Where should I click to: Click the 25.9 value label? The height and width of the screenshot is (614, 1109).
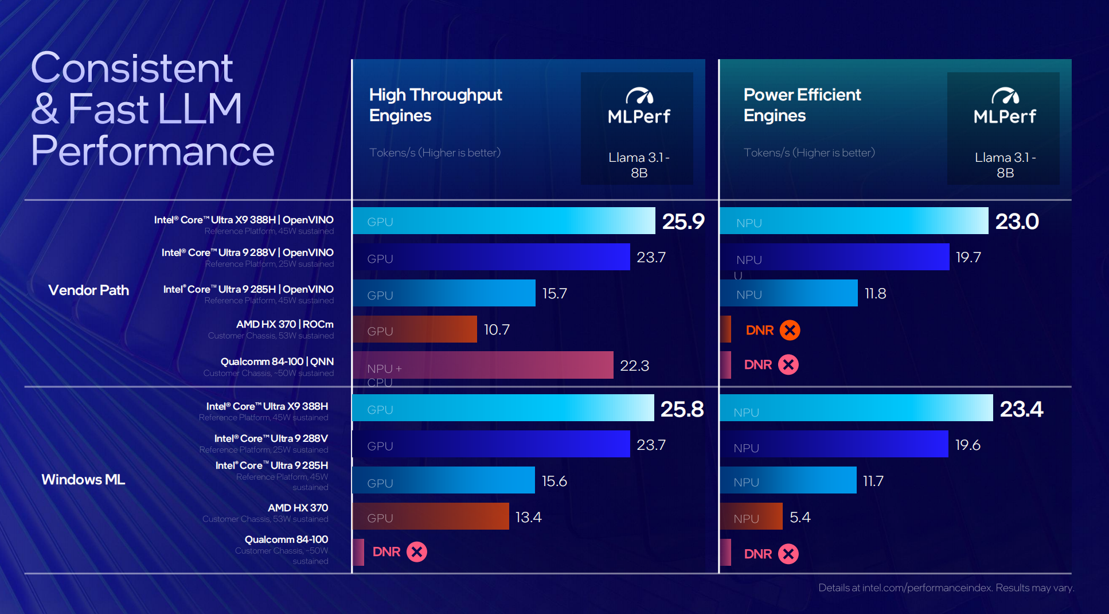tap(683, 221)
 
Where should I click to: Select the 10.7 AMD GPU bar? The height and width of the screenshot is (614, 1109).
tap(415, 329)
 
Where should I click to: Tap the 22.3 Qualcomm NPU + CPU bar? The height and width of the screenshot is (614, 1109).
tap(483, 365)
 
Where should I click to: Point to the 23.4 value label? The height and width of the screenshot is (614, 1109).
tap(1021, 409)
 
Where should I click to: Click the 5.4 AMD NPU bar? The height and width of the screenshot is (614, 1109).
tap(751, 516)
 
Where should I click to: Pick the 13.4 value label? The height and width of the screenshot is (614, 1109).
tap(528, 517)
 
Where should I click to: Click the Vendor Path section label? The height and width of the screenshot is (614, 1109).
tap(89, 290)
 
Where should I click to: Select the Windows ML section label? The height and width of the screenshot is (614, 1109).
tap(83, 480)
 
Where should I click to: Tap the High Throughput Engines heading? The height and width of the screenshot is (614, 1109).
tap(435, 105)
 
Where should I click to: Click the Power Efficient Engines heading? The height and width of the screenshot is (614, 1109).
tap(802, 105)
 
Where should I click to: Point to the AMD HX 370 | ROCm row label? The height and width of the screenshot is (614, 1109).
tap(284, 324)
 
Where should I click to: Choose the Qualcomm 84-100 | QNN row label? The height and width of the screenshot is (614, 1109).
tap(277, 362)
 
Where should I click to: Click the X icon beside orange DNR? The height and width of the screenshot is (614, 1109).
tap(790, 330)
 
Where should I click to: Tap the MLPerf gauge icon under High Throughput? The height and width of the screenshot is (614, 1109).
tap(639, 96)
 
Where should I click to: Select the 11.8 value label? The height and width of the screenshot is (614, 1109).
tap(875, 294)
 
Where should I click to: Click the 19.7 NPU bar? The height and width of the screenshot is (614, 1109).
tap(834, 257)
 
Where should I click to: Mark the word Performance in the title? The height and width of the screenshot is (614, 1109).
tap(153, 150)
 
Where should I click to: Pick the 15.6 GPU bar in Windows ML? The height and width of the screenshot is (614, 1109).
tap(443, 480)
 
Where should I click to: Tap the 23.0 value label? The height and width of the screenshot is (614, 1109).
tap(1017, 221)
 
